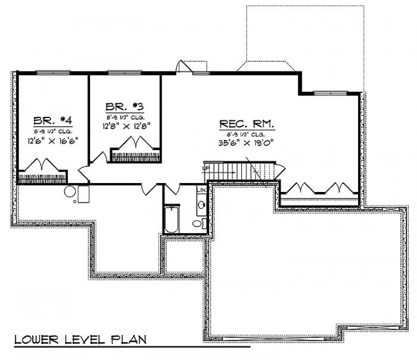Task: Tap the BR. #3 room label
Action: click(125, 107)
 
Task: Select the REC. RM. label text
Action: click(247, 125)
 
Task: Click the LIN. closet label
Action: click(201, 190)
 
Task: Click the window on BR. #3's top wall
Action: click(125, 73)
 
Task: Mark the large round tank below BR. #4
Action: click(70, 193)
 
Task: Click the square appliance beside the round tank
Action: click(83, 193)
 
